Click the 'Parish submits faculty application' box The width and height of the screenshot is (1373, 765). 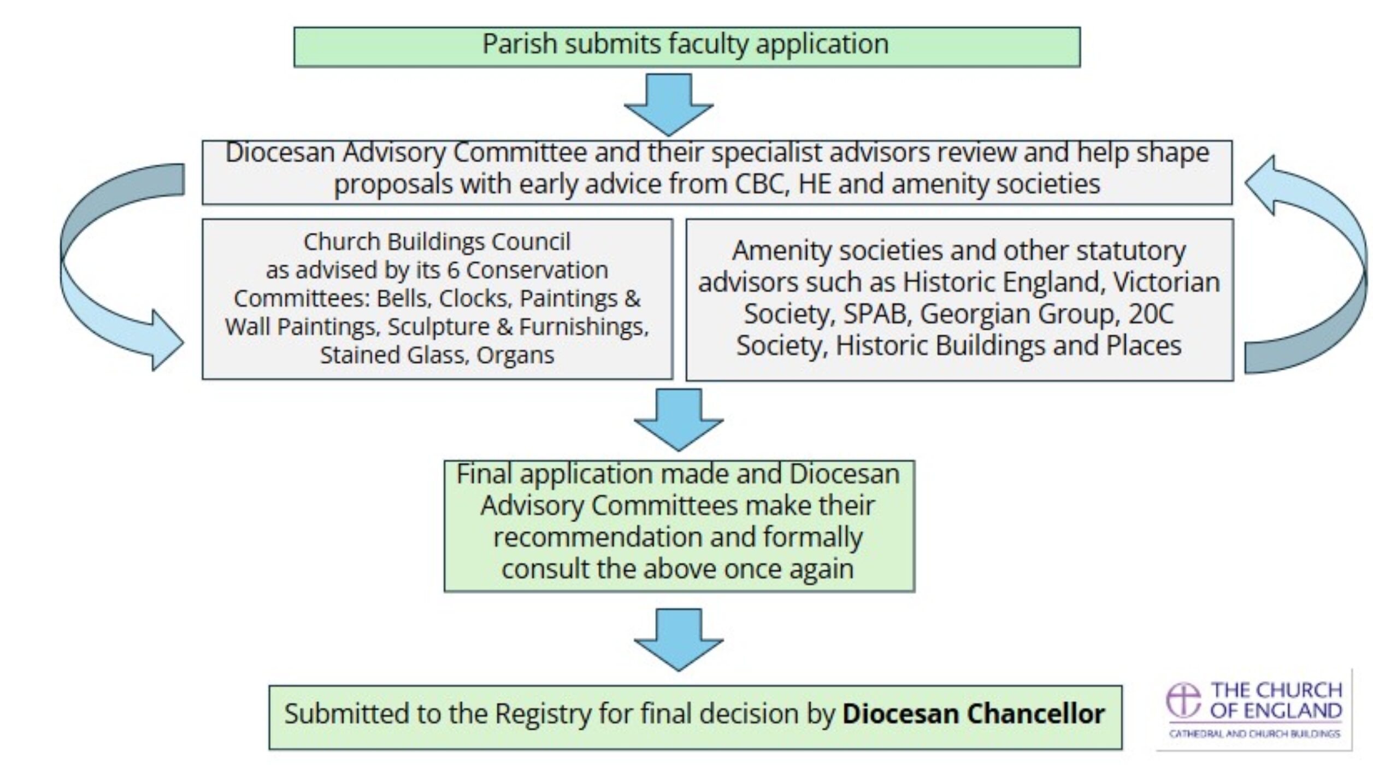[x=687, y=47]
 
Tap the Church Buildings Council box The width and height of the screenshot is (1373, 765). [x=437, y=299]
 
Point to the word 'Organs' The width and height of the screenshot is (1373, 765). [x=515, y=355]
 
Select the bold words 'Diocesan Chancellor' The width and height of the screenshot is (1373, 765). [x=974, y=714]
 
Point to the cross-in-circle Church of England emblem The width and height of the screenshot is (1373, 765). [x=1184, y=699]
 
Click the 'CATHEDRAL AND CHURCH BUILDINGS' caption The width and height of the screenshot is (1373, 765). [x=1254, y=733]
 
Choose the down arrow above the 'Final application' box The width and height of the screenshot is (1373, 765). [x=679, y=420]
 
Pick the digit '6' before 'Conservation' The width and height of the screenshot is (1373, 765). [x=452, y=270]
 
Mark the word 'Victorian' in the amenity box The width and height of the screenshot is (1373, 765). [x=1166, y=283]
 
